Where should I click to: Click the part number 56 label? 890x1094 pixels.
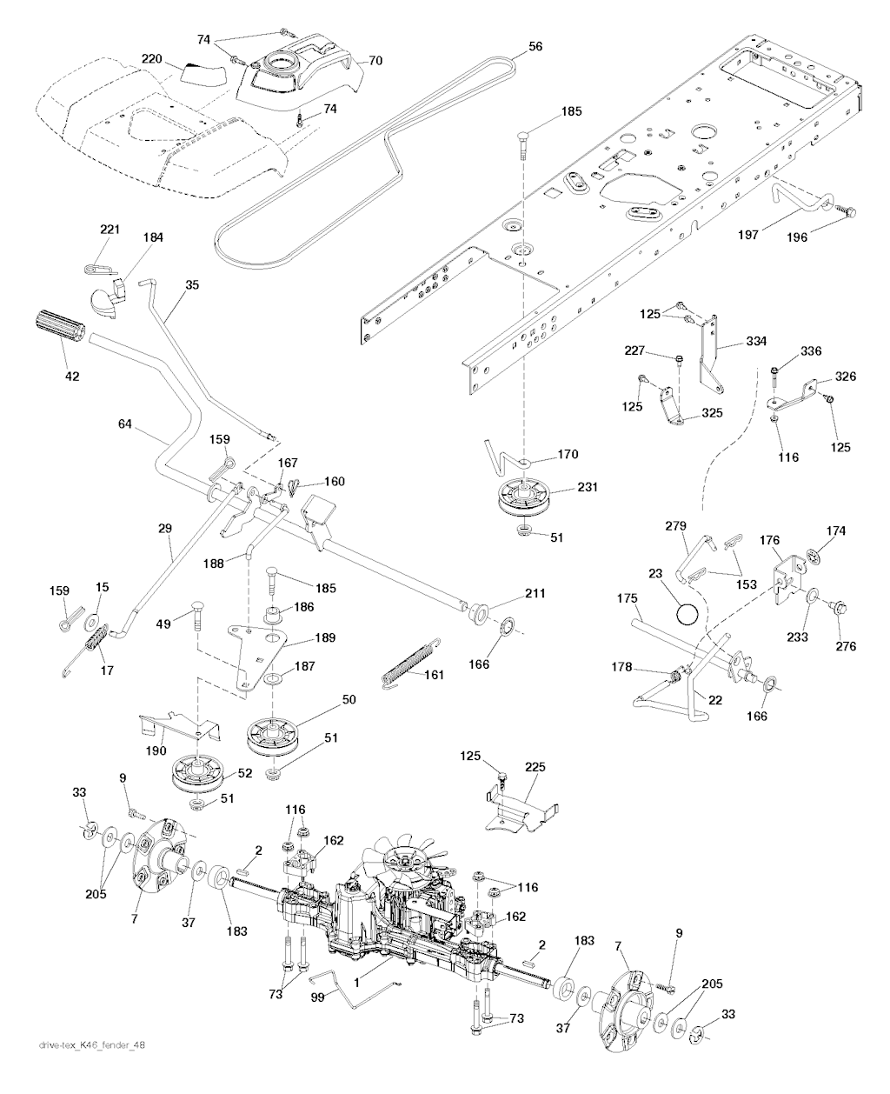click(x=535, y=47)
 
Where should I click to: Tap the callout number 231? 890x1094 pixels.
click(x=588, y=488)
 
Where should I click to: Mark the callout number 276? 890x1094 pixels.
click(x=846, y=645)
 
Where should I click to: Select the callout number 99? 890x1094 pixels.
click(x=318, y=997)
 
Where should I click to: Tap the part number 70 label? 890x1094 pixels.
click(x=375, y=61)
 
